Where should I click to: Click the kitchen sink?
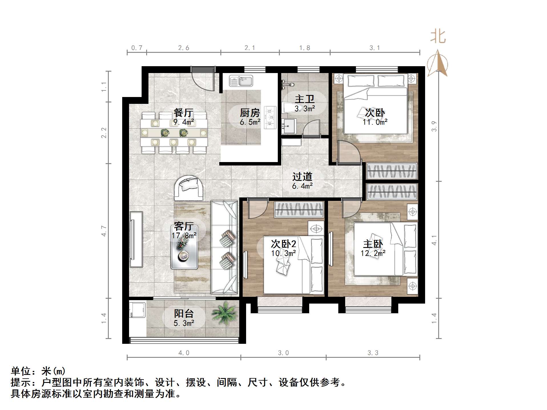241,81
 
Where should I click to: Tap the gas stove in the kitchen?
270,117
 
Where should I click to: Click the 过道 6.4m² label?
302,181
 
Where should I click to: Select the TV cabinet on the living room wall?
136,239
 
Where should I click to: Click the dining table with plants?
174,133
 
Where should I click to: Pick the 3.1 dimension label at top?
375,48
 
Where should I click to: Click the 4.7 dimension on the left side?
104,231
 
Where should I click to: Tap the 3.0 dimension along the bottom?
283,353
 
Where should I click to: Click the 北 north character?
438,37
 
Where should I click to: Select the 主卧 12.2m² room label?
373,248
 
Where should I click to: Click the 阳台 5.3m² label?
184,318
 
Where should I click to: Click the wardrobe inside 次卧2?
299,210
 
